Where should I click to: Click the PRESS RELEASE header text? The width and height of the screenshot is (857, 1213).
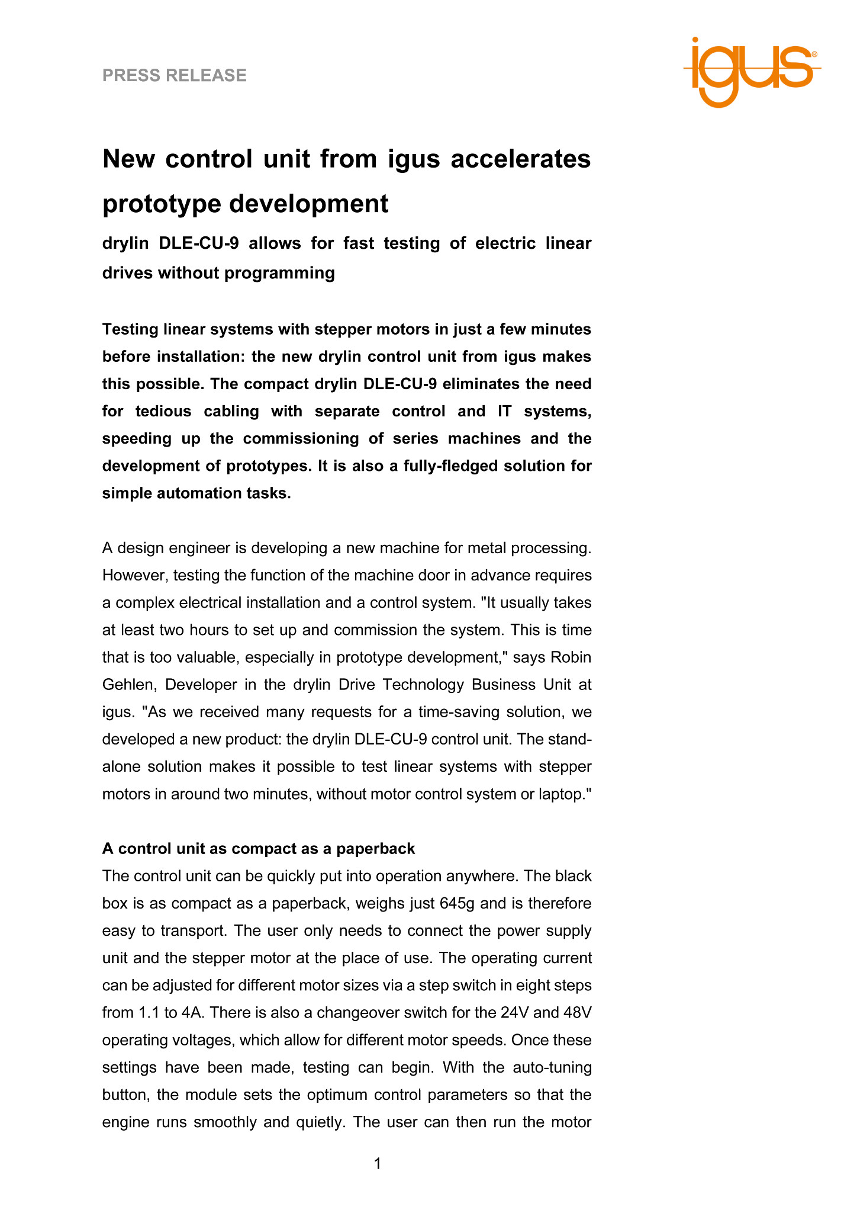[x=174, y=75]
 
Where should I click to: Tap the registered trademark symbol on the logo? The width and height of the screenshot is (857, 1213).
[x=814, y=54]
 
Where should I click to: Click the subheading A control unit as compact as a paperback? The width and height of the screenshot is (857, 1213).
[x=259, y=849]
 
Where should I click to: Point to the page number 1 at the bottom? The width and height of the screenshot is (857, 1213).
[x=378, y=1164]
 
